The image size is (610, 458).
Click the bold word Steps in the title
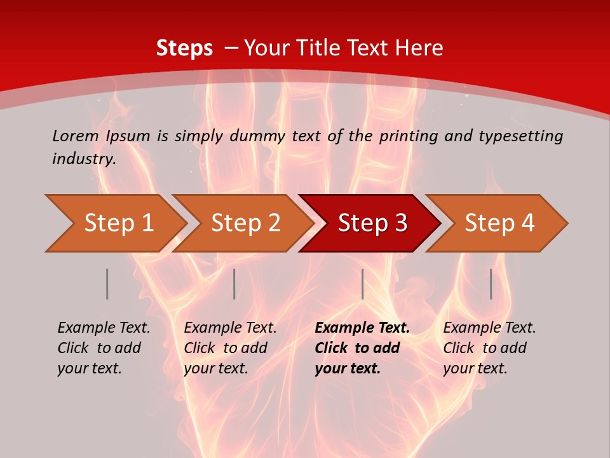tap(184, 48)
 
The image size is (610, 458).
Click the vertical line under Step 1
tap(107, 284)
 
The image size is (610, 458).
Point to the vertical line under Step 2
tap(234, 284)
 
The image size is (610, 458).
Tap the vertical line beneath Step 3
tap(362, 284)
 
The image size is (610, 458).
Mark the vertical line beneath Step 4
tap(491, 284)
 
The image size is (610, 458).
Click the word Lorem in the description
tap(76, 136)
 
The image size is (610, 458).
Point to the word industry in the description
tap(83, 159)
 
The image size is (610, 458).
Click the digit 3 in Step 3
tap(400, 223)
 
